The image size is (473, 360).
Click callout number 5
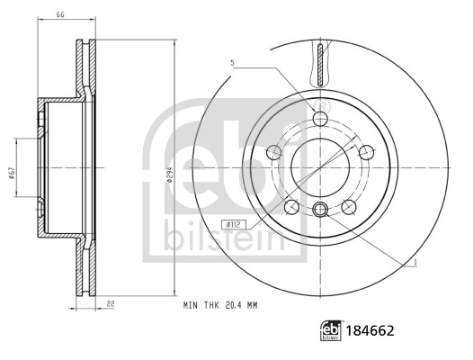(x=232, y=63)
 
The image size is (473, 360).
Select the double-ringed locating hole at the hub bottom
(x=321, y=212)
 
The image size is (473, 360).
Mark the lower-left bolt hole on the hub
(x=291, y=206)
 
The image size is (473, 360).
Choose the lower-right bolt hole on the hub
(x=350, y=206)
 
